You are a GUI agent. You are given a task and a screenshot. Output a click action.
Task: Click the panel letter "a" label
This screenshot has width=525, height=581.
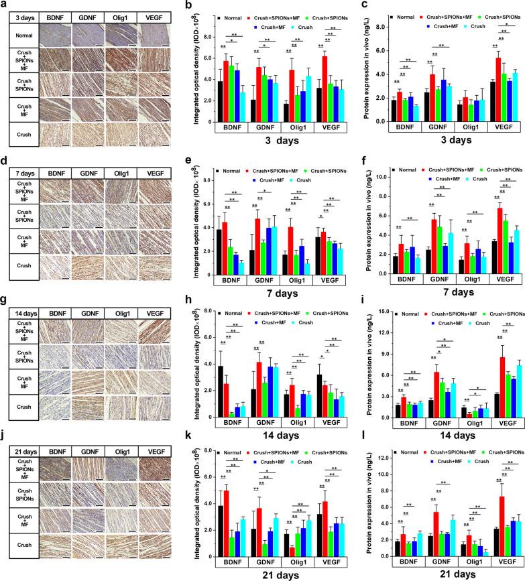click(x=4, y=5)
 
